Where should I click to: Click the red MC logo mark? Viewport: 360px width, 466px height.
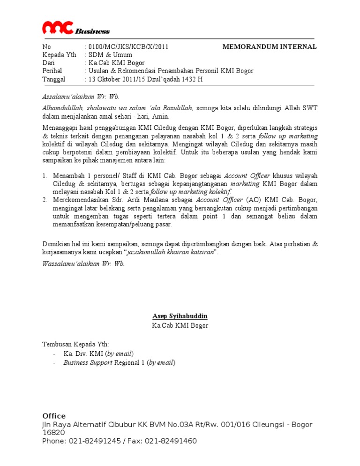pyautogui.click(x=57, y=28)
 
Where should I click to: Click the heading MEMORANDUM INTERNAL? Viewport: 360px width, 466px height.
pyautogui.click(x=269, y=47)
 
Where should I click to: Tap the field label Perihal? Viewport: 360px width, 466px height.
pyautogui.click(x=52, y=71)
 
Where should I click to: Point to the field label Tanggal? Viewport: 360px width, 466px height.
pyautogui.click(x=54, y=79)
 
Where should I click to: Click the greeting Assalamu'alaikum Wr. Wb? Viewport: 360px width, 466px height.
pyautogui.click(x=81, y=97)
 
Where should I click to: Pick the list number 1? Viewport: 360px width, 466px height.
pyautogui.click(x=45, y=176)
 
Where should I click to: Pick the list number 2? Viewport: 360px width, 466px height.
pyautogui.click(x=45, y=200)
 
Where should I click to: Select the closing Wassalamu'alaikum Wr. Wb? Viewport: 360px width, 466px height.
pyautogui.click(x=83, y=264)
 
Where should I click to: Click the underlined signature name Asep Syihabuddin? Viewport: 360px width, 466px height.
pyautogui.click(x=180, y=316)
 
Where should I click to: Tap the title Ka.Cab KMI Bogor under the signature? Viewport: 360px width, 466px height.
pyautogui.click(x=180, y=325)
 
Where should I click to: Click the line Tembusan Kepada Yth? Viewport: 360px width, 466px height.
pyautogui.click(x=75, y=344)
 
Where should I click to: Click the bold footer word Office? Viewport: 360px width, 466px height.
pyautogui.click(x=54, y=416)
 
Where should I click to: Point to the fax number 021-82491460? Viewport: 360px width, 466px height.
pyautogui.click(x=173, y=441)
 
